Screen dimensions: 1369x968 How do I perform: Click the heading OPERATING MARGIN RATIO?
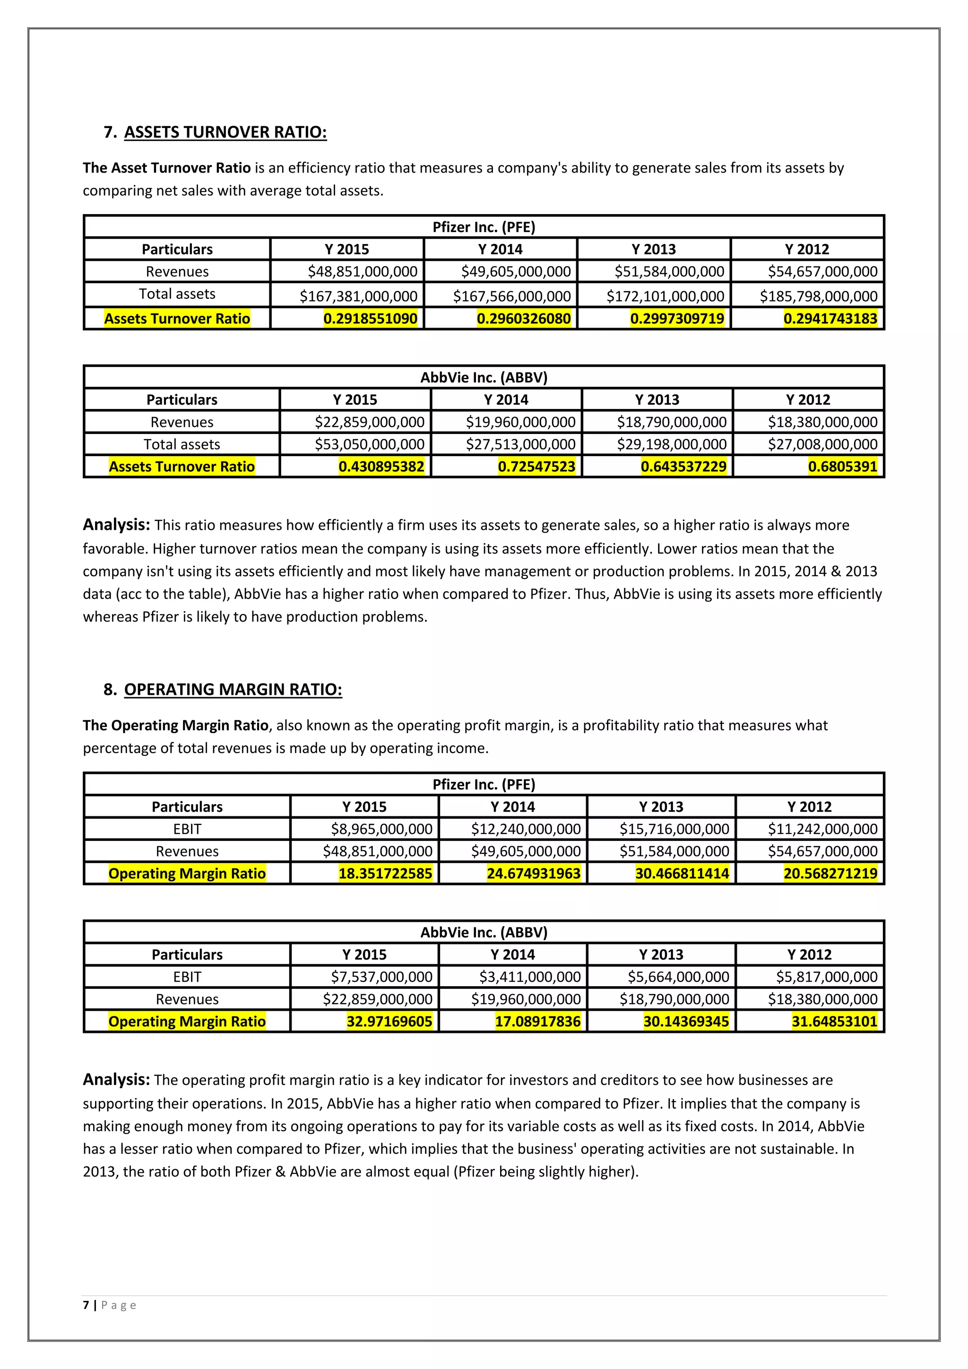click(x=233, y=689)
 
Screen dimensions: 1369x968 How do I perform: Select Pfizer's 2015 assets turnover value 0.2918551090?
click(x=370, y=319)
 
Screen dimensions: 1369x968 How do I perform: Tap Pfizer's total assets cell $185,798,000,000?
click(x=818, y=296)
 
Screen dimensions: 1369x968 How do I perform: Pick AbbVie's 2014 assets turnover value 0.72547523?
click(x=536, y=466)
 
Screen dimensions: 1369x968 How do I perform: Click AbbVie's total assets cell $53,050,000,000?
click(x=370, y=444)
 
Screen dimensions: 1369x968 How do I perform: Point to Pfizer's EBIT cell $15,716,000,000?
click(x=674, y=829)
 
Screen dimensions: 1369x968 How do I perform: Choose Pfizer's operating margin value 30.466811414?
click(x=682, y=874)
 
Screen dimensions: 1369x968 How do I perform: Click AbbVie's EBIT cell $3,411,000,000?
click(x=530, y=977)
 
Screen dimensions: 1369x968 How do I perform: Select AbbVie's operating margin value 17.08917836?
click(x=537, y=1022)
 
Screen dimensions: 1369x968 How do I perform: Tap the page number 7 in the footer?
click(x=86, y=1305)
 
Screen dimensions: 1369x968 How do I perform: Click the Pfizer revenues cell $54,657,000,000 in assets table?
click(x=822, y=272)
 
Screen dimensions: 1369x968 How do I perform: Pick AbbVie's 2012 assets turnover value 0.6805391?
click(x=842, y=466)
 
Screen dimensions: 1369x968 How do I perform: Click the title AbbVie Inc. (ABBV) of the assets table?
click(x=484, y=377)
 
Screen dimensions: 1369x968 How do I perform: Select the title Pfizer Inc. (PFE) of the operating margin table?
click(x=484, y=784)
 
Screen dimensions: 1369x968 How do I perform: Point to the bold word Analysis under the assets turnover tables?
click(x=116, y=525)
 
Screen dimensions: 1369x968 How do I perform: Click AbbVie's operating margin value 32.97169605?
click(x=389, y=1022)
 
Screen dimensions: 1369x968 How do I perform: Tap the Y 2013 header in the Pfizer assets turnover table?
click(x=653, y=249)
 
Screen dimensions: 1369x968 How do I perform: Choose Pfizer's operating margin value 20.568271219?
click(x=830, y=874)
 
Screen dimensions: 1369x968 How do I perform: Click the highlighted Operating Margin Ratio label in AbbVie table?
click(x=187, y=1022)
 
